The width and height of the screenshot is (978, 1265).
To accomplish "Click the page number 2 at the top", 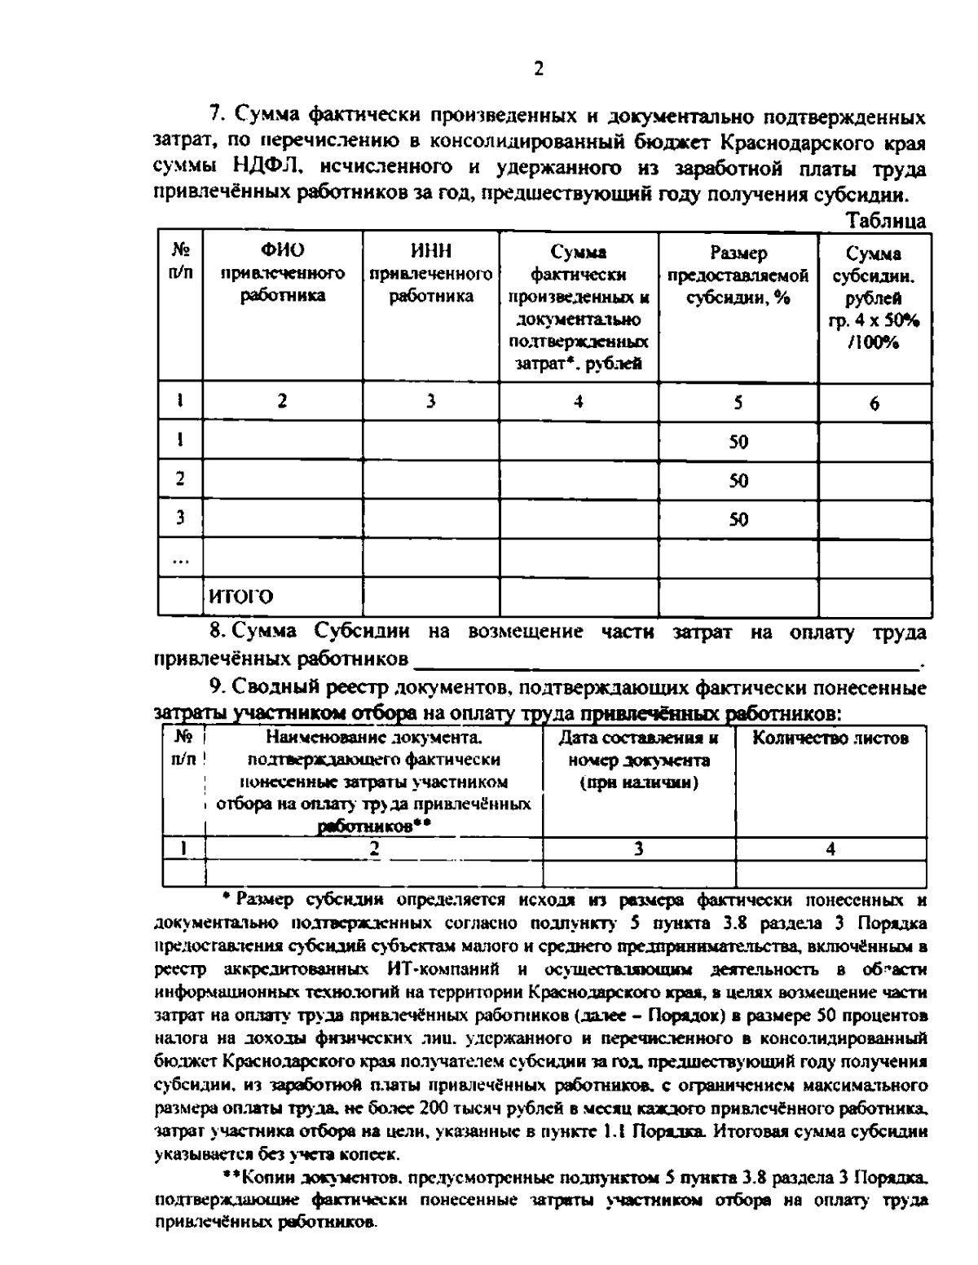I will [538, 69].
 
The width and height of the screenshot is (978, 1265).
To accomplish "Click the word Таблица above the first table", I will [886, 220].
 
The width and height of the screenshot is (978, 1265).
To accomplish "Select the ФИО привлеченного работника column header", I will [282, 273].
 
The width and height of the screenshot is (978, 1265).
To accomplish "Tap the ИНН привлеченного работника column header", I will [431, 273].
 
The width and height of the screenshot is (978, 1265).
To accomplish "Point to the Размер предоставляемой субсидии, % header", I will [738, 275].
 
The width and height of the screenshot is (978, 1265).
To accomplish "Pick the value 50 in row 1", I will [738, 443].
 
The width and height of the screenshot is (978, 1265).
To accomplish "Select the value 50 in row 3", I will [738, 519].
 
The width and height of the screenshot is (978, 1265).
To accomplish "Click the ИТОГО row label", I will [241, 597].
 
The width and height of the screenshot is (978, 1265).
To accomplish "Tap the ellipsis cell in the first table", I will [180, 558].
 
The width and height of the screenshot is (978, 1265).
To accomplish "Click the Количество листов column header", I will [830, 738].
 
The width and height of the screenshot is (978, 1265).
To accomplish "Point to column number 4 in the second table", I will [830, 848].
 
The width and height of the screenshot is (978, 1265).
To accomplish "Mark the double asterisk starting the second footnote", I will [231, 1177].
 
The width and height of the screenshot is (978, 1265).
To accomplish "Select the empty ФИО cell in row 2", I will [282, 480].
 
